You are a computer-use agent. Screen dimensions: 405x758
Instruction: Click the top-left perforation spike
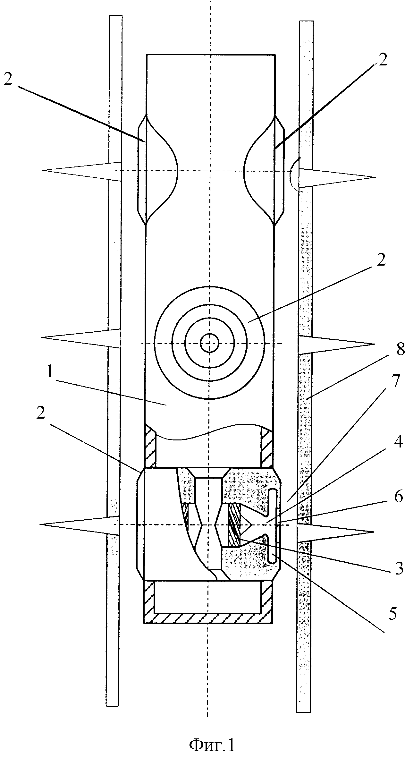[82, 170]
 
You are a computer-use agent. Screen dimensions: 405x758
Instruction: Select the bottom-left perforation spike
[80, 525]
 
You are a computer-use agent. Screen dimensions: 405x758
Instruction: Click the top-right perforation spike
[337, 178]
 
